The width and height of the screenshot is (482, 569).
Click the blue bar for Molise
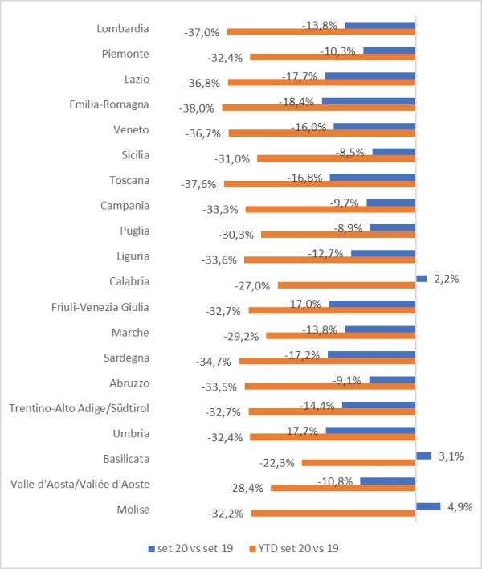tap(428, 506)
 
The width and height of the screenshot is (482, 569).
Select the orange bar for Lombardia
tap(321, 32)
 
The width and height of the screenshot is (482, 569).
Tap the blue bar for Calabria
tap(421, 278)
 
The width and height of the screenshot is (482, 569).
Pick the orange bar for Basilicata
tap(358, 463)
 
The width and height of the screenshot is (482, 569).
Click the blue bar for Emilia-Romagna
tap(369, 101)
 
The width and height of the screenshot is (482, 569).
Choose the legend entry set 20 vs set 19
tap(192, 549)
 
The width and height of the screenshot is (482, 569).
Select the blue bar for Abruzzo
tap(392, 379)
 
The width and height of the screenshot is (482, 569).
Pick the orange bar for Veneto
tap(322, 133)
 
